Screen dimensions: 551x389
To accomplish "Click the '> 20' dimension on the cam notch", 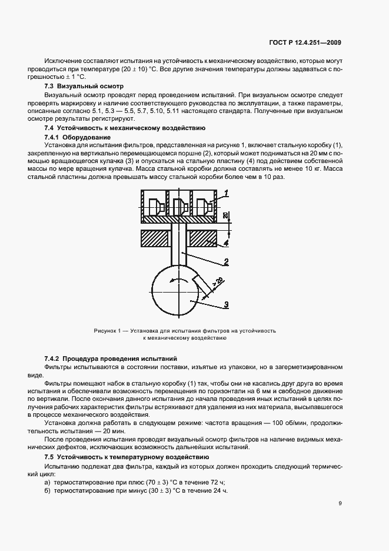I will [217, 282].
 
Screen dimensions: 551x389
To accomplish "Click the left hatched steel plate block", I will [155, 238].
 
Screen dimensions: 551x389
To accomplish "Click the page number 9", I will [340, 503].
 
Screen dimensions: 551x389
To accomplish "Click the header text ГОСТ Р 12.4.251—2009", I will [304, 42].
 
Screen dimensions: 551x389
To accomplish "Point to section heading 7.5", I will [50, 457].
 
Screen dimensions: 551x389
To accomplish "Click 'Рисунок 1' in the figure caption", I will [107, 331].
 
